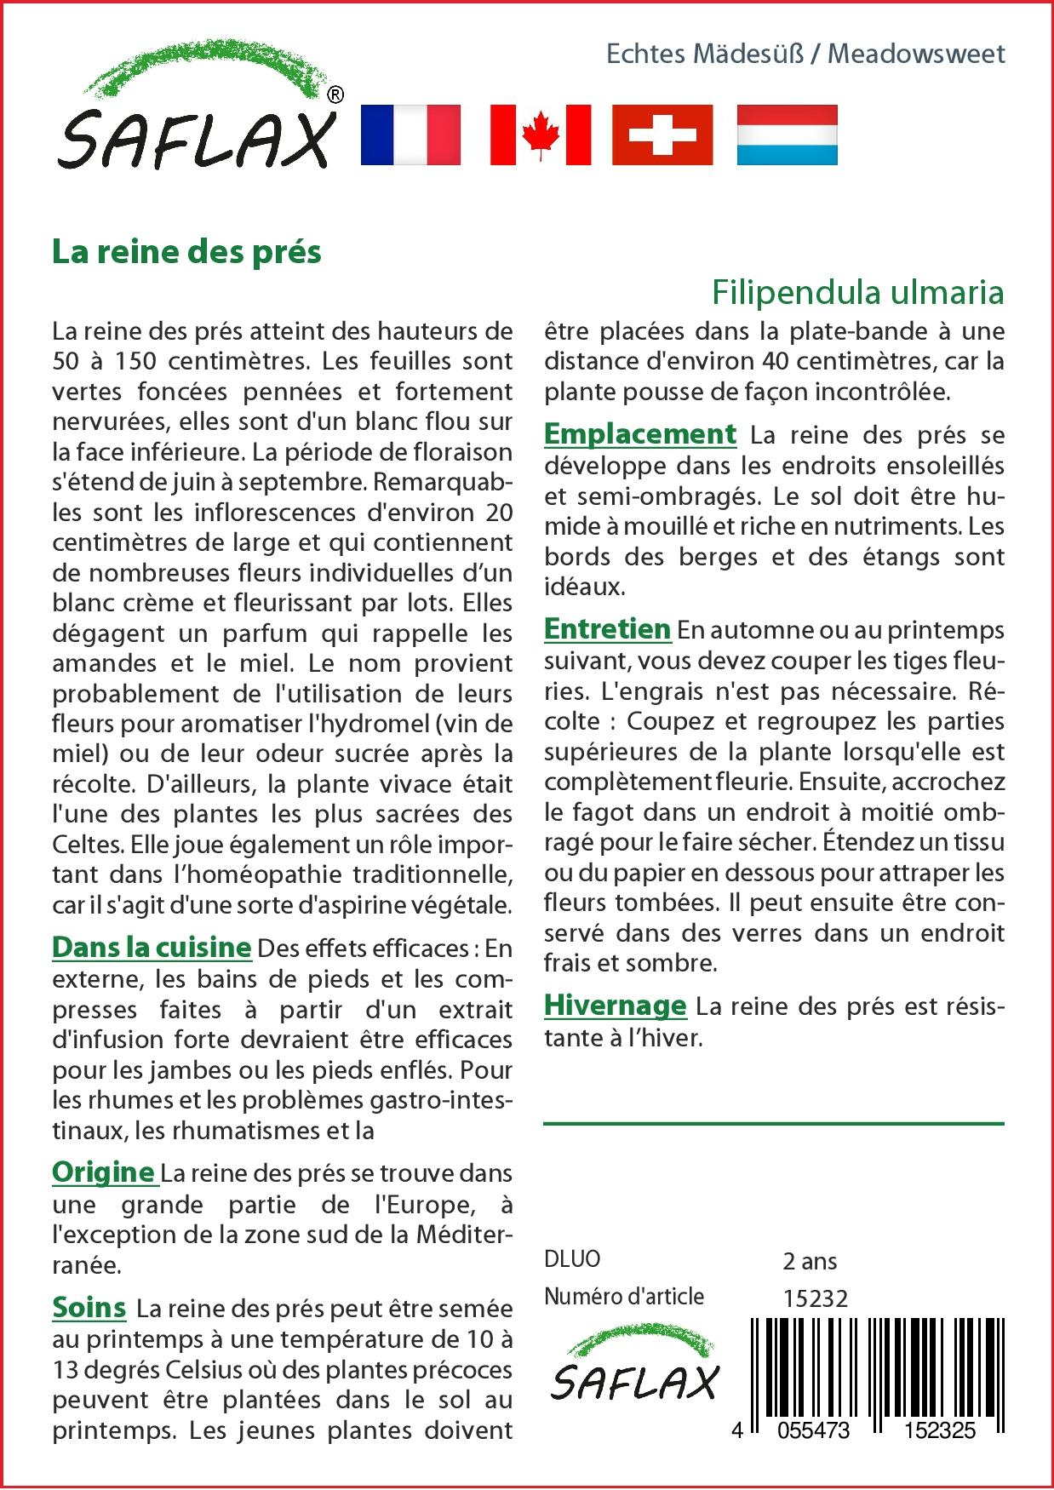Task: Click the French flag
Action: click(x=410, y=135)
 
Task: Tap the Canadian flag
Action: click(x=541, y=135)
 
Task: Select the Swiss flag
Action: click(x=662, y=135)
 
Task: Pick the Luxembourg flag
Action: click(x=787, y=135)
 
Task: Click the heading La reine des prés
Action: click(x=186, y=252)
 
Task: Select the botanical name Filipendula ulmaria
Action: click(x=857, y=292)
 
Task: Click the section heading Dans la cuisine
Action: click(x=152, y=947)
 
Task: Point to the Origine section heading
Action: click(x=103, y=1172)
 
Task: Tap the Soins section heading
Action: click(x=89, y=1307)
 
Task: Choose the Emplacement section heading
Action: click(x=639, y=433)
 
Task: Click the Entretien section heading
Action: click(x=607, y=629)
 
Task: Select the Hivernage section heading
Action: click(x=615, y=1005)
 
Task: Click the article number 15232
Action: click(x=815, y=1298)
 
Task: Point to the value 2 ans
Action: click(x=810, y=1261)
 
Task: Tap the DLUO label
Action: click(x=572, y=1259)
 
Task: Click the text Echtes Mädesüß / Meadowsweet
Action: click(x=805, y=54)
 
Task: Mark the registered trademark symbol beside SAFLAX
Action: click(x=335, y=95)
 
